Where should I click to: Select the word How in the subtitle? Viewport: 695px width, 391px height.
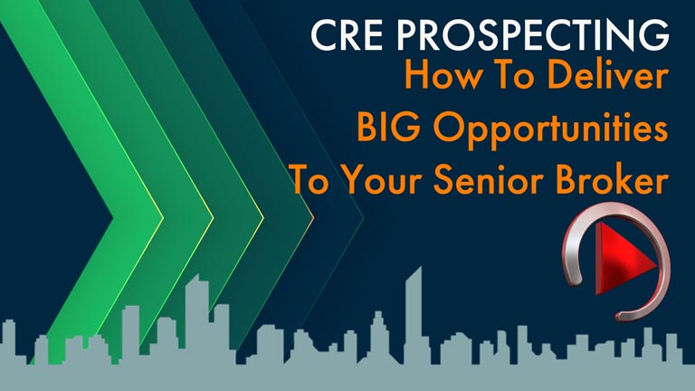click(x=443, y=76)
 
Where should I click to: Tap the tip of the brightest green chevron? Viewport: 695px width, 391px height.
click(x=164, y=217)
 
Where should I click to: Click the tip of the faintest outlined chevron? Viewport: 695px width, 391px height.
click(x=364, y=217)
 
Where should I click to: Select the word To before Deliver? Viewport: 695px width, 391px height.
click(x=515, y=76)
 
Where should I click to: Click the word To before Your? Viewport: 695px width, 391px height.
click(x=310, y=181)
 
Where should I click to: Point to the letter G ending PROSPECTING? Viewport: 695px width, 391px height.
click(x=653, y=35)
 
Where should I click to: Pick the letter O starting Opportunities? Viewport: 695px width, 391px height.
click(x=449, y=127)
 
